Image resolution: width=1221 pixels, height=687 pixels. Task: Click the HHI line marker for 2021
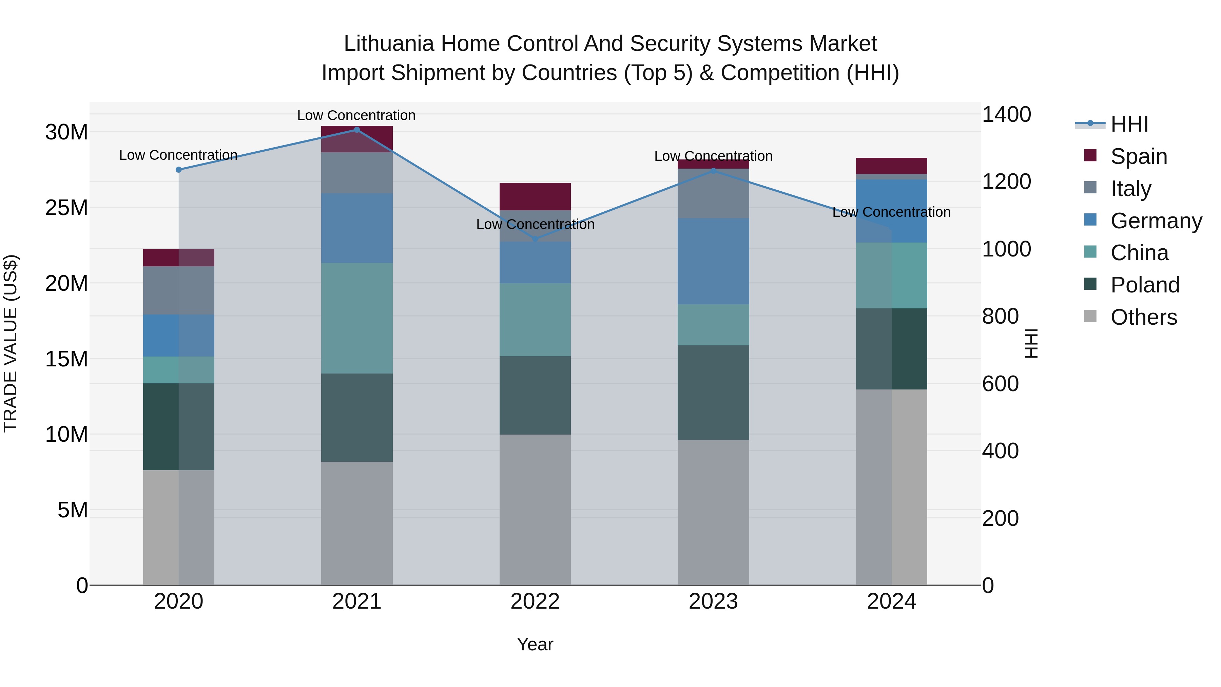(357, 130)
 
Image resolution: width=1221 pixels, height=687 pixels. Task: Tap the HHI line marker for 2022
(535, 239)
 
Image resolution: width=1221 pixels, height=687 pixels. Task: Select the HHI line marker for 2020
(179, 170)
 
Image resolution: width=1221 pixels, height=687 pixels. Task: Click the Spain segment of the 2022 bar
(535, 196)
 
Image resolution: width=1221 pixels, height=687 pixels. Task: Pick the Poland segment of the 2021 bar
(357, 417)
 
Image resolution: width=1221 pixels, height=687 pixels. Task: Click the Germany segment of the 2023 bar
(713, 261)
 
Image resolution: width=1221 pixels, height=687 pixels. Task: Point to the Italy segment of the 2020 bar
(179, 290)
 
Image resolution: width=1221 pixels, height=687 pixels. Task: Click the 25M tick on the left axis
(66, 208)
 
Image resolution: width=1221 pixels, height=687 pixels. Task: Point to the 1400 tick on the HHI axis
(1006, 114)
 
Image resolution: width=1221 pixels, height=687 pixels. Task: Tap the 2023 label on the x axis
(713, 602)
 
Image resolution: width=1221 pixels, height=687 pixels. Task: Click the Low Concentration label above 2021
(356, 115)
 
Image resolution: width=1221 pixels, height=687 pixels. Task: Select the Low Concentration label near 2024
(891, 212)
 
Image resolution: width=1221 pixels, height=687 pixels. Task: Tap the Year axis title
(535, 644)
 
